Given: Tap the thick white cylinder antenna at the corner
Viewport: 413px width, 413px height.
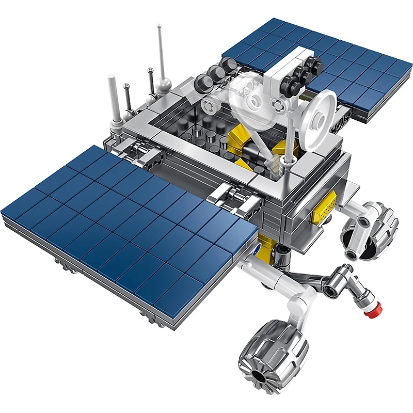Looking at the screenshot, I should click(112, 96).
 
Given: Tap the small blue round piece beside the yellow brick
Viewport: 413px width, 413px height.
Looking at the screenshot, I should click(257, 247).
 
